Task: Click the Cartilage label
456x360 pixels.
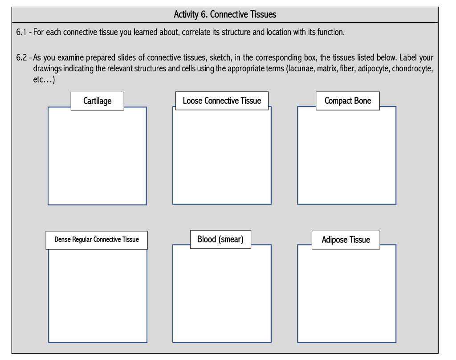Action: click(97, 101)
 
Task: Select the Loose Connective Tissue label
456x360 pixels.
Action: click(222, 101)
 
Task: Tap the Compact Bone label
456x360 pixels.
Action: click(347, 101)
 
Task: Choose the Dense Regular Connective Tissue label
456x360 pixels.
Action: click(97, 240)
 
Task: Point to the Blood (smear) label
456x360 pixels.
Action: click(220, 239)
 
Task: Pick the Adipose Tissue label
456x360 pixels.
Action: click(346, 240)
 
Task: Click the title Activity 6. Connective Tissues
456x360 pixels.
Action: click(225, 15)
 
